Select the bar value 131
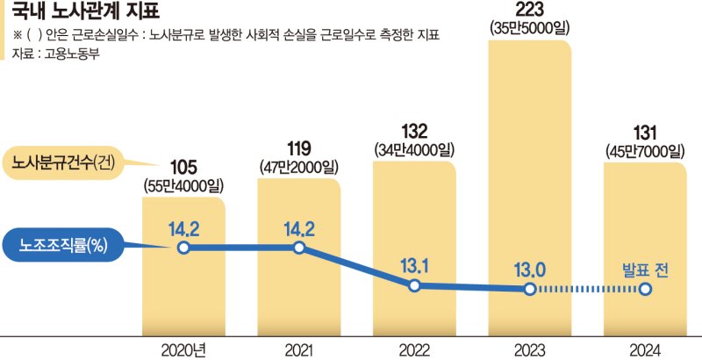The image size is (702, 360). click(645, 131)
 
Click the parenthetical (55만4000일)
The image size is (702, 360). click(183, 185)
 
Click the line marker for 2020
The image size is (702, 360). click(183, 248)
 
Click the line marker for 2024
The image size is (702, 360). click(645, 289)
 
